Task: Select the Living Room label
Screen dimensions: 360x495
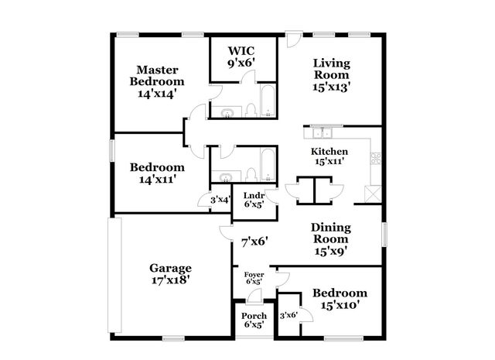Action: point(332,74)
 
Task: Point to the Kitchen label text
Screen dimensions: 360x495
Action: point(329,156)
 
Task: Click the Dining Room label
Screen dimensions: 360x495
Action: point(331,238)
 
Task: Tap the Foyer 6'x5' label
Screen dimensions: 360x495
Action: point(254,279)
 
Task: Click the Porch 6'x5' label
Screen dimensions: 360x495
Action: point(254,320)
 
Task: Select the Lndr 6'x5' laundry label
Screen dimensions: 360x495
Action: point(254,200)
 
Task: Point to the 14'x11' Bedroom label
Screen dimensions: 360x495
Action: point(157,173)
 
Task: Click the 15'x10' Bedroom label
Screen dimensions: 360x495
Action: point(340,299)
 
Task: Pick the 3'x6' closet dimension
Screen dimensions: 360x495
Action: point(288,315)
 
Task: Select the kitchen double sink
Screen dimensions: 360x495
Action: point(321,132)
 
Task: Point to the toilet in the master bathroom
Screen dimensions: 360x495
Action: point(251,111)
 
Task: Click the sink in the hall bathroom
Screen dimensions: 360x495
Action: point(224,175)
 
